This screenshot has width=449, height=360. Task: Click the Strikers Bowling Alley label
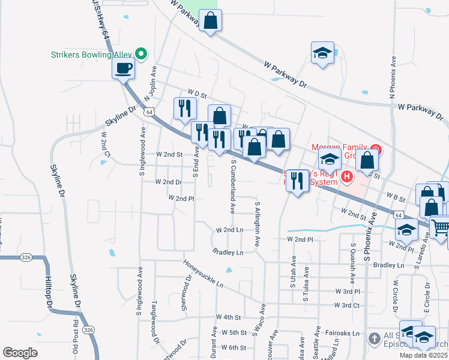pos(90,55)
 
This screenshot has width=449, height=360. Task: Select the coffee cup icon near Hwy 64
pos(124,69)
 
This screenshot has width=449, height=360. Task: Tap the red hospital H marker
pos(346,176)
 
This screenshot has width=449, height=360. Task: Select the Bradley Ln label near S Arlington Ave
pos(228,253)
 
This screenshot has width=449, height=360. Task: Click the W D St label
pos(196,93)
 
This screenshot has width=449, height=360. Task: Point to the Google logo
pos(20,353)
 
